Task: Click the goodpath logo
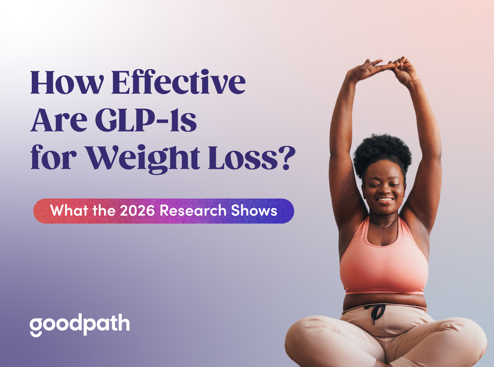[x=79, y=325]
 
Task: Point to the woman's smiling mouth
[x=386, y=200]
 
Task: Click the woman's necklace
[x=383, y=226]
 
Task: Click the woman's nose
[x=385, y=191]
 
